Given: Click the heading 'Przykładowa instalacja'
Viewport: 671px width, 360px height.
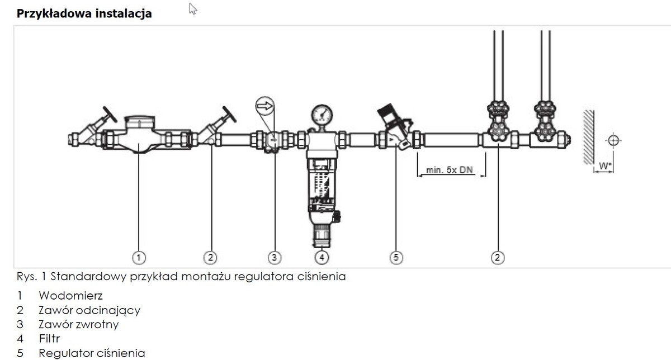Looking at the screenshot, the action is pos(84,14).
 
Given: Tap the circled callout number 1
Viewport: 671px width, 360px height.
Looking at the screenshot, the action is pos(139,258).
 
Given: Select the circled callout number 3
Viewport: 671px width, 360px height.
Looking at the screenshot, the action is pos(274,258).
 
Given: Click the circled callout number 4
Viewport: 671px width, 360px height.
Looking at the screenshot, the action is pos(322,258).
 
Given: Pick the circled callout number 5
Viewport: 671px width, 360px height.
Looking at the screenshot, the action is pos(396,258).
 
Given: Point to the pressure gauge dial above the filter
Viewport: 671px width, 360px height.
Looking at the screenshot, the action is pos(322,115).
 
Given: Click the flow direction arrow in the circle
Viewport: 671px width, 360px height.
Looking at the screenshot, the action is pos(265,106).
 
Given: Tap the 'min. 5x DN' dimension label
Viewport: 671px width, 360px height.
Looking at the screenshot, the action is pos(450,170).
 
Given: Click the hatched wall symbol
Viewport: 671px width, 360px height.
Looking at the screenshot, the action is pos(589,137).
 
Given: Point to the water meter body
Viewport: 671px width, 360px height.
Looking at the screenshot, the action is pos(139,135).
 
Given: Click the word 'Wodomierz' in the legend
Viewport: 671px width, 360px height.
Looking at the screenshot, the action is pos(70,296).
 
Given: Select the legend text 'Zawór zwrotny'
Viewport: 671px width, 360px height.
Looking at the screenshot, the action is pos(79,324).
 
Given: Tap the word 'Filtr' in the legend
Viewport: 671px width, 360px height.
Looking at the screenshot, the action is pos(49,339).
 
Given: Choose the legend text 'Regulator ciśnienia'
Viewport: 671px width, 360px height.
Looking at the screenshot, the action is pos(92,353).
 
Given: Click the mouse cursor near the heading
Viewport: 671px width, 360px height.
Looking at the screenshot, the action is pos(193,8).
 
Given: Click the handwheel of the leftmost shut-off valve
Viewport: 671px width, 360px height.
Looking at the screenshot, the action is pos(110,114).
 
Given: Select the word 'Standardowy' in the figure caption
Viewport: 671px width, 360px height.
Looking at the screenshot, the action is pos(88,277).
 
